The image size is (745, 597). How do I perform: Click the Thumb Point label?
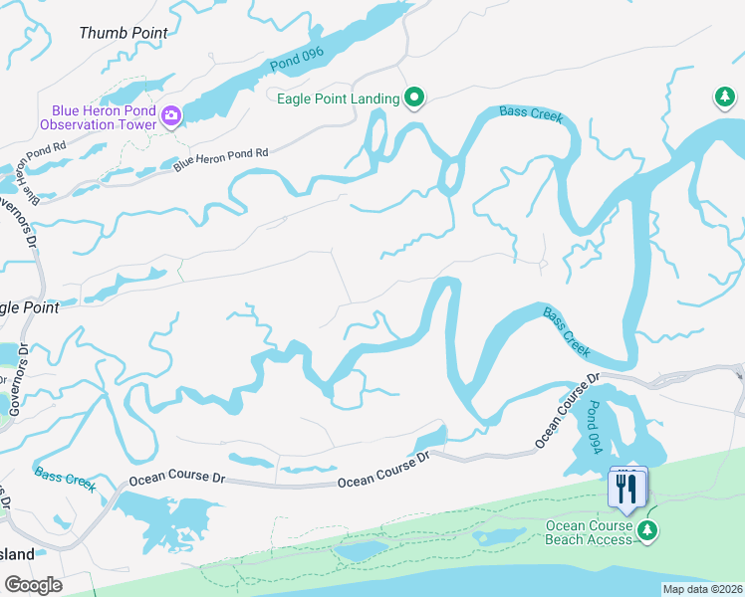tap(124, 33)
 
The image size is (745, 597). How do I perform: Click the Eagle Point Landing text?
tap(339, 99)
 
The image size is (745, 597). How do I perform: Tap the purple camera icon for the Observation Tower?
tap(171, 116)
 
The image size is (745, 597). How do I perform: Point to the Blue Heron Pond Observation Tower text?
tap(98, 116)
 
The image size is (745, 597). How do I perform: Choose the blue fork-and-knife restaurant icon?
tap(626, 488)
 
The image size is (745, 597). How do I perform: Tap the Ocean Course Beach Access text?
tap(589, 532)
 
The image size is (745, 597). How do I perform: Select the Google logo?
tap(33, 584)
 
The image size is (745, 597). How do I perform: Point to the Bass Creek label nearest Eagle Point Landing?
tap(532, 115)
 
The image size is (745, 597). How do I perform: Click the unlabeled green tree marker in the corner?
tap(724, 98)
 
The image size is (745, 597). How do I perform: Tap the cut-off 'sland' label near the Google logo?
tap(17, 553)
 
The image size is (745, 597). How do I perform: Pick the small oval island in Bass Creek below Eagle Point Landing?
tap(449, 178)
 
